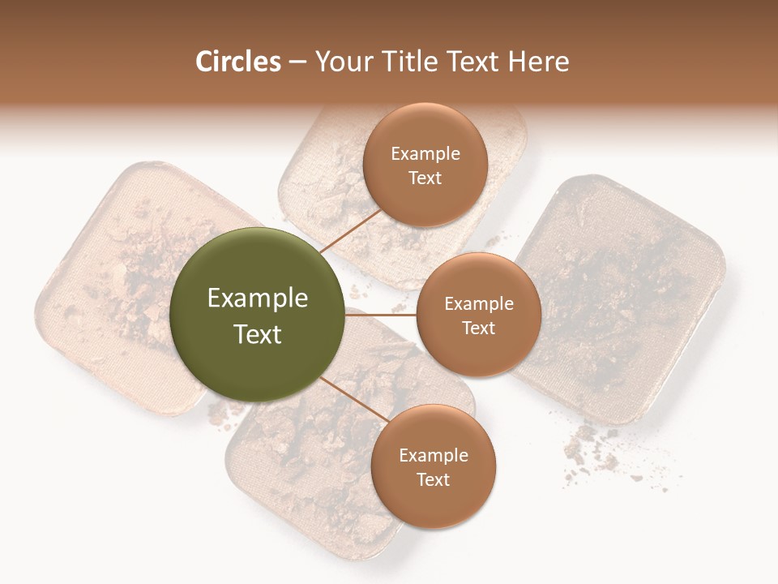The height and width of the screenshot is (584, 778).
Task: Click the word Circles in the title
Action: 237,62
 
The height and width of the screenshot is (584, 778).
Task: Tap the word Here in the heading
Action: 539,62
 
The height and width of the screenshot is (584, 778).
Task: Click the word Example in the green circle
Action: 258,298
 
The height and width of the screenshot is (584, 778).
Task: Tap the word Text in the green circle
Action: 258,334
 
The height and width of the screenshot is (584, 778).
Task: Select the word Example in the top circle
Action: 425,154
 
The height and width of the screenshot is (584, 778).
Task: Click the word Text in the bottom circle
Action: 433,479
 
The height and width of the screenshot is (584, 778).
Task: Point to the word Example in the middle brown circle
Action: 478,304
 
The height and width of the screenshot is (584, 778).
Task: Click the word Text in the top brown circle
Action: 425,178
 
